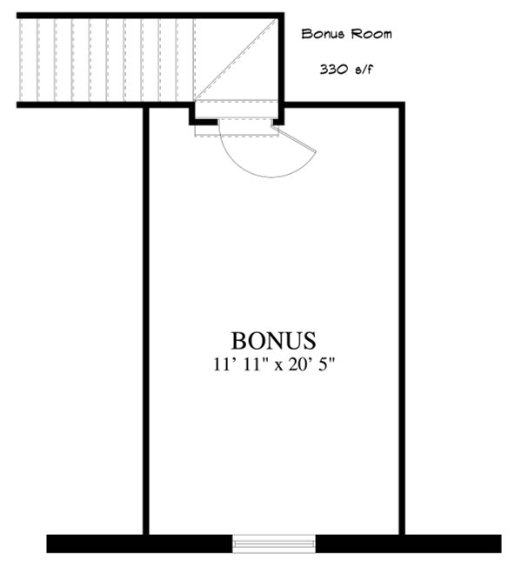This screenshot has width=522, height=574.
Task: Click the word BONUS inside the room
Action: point(273,339)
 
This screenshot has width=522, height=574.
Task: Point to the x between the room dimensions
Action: point(273,364)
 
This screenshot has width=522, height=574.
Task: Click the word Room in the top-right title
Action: point(370,35)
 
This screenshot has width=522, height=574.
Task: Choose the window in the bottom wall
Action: point(274,544)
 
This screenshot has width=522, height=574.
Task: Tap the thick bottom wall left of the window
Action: point(139,544)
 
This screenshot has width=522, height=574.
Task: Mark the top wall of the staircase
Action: point(148,15)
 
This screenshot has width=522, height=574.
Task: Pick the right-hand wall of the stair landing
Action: point(281,61)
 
